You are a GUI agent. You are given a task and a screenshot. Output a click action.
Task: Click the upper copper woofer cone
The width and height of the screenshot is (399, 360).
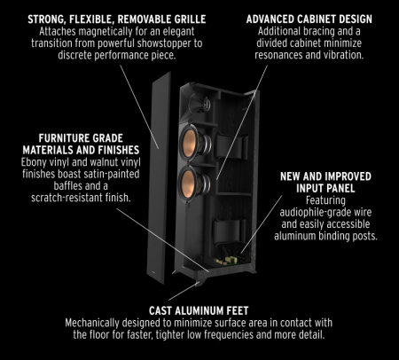click(195, 142)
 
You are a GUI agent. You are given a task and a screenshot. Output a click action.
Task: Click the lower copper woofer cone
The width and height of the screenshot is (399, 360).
click(194, 183)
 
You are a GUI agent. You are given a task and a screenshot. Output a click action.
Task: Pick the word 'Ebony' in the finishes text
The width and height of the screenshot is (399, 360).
click(35, 164)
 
